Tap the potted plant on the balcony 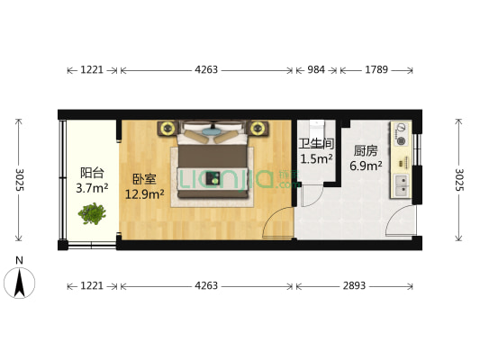tap(92, 214)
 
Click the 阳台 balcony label tap(90, 173)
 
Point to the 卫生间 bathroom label tap(317, 144)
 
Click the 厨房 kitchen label tap(366, 151)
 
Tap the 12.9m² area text tap(144, 193)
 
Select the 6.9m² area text tap(367, 166)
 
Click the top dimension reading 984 tap(316, 69)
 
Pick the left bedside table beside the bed tap(168, 127)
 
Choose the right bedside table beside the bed tap(261, 127)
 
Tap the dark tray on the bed tap(215, 176)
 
